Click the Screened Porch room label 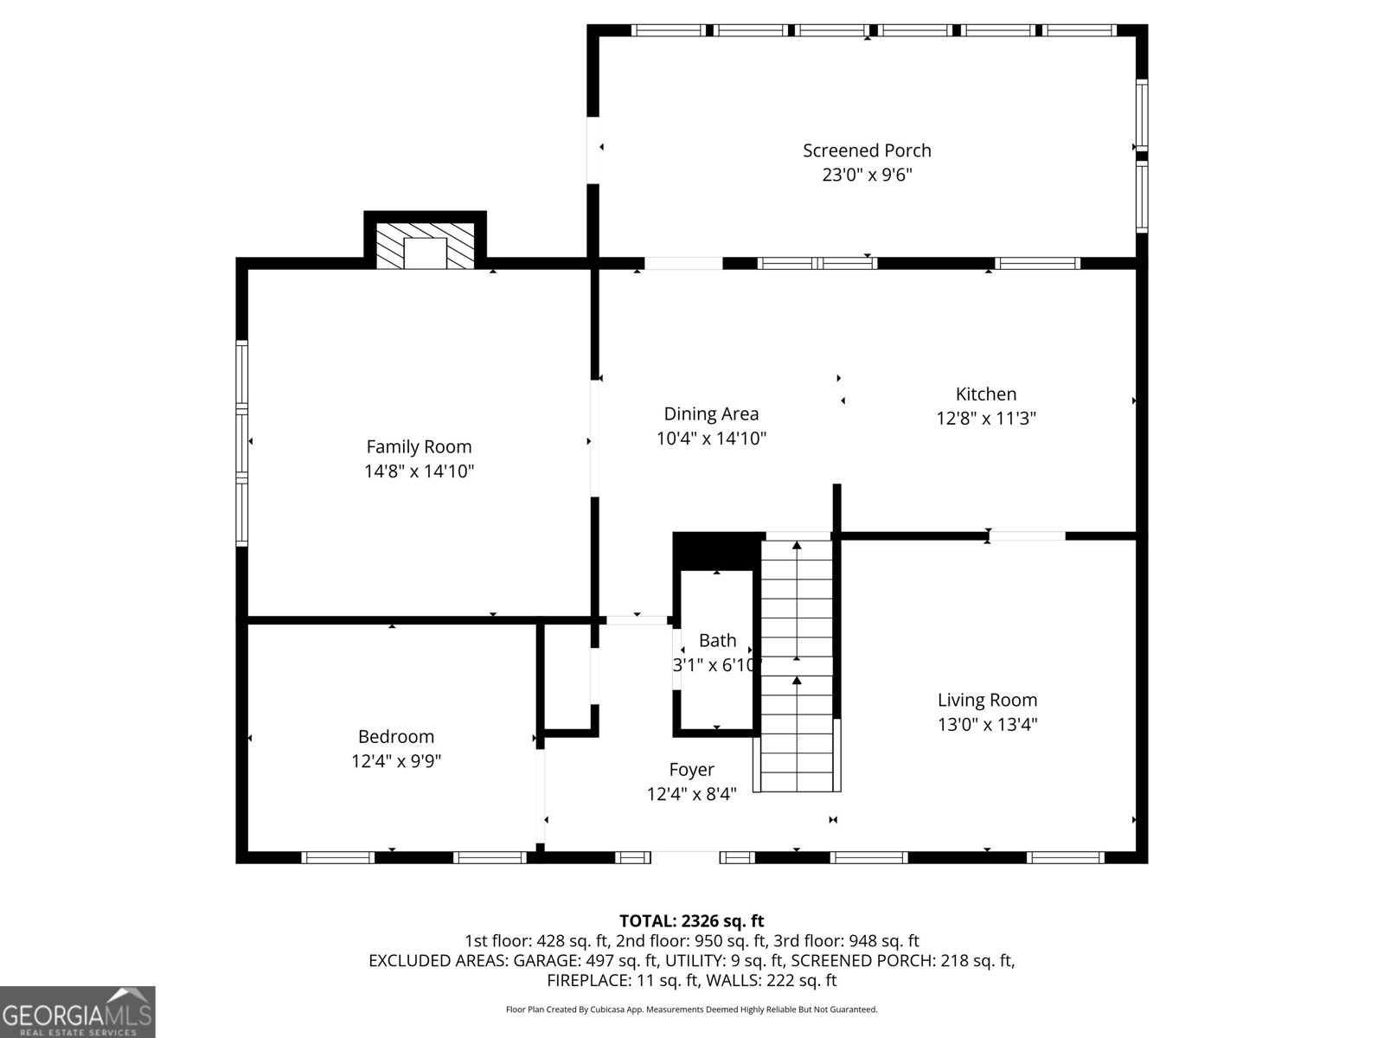coord(867,151)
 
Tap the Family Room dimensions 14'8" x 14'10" coord(419,471)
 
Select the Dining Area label coord(711,414)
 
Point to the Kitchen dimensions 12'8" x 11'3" coord(985,418)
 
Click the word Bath coord(717,640)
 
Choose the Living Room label coord(987,700)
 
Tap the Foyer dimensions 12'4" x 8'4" coord(691,793)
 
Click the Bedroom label coord(395,736)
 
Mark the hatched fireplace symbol coord(425,246)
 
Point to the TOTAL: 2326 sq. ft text coord(691,920)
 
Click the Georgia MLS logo coord(77,1011)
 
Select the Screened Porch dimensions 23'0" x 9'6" coord(867,175)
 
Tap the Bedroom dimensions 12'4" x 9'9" coord(395,760)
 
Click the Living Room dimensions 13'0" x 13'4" coord(987,724)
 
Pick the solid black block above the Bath coord(718,552)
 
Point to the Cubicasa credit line coord(691,1009)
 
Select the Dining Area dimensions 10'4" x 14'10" coord(711,438)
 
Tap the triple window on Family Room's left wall coord(241,442)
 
